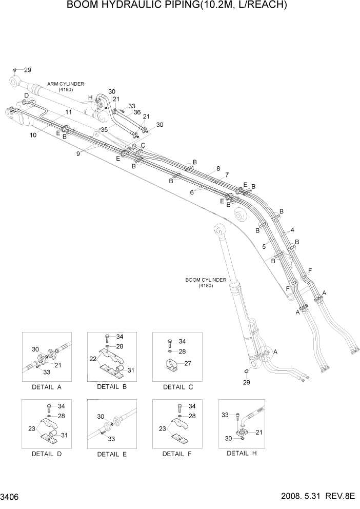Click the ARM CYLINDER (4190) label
(66, 86)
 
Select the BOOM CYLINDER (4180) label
(206, 282)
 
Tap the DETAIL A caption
(46, 387)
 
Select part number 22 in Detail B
(94, 359)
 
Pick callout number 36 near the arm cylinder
(137, 112)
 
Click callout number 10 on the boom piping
(33, 135)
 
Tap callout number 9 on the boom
(78, 152)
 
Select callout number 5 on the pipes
(264, 247)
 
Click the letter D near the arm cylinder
(26, 95)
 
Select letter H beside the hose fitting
(90, 97)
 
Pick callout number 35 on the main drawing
(104, 129)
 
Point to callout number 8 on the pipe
(218, 168)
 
